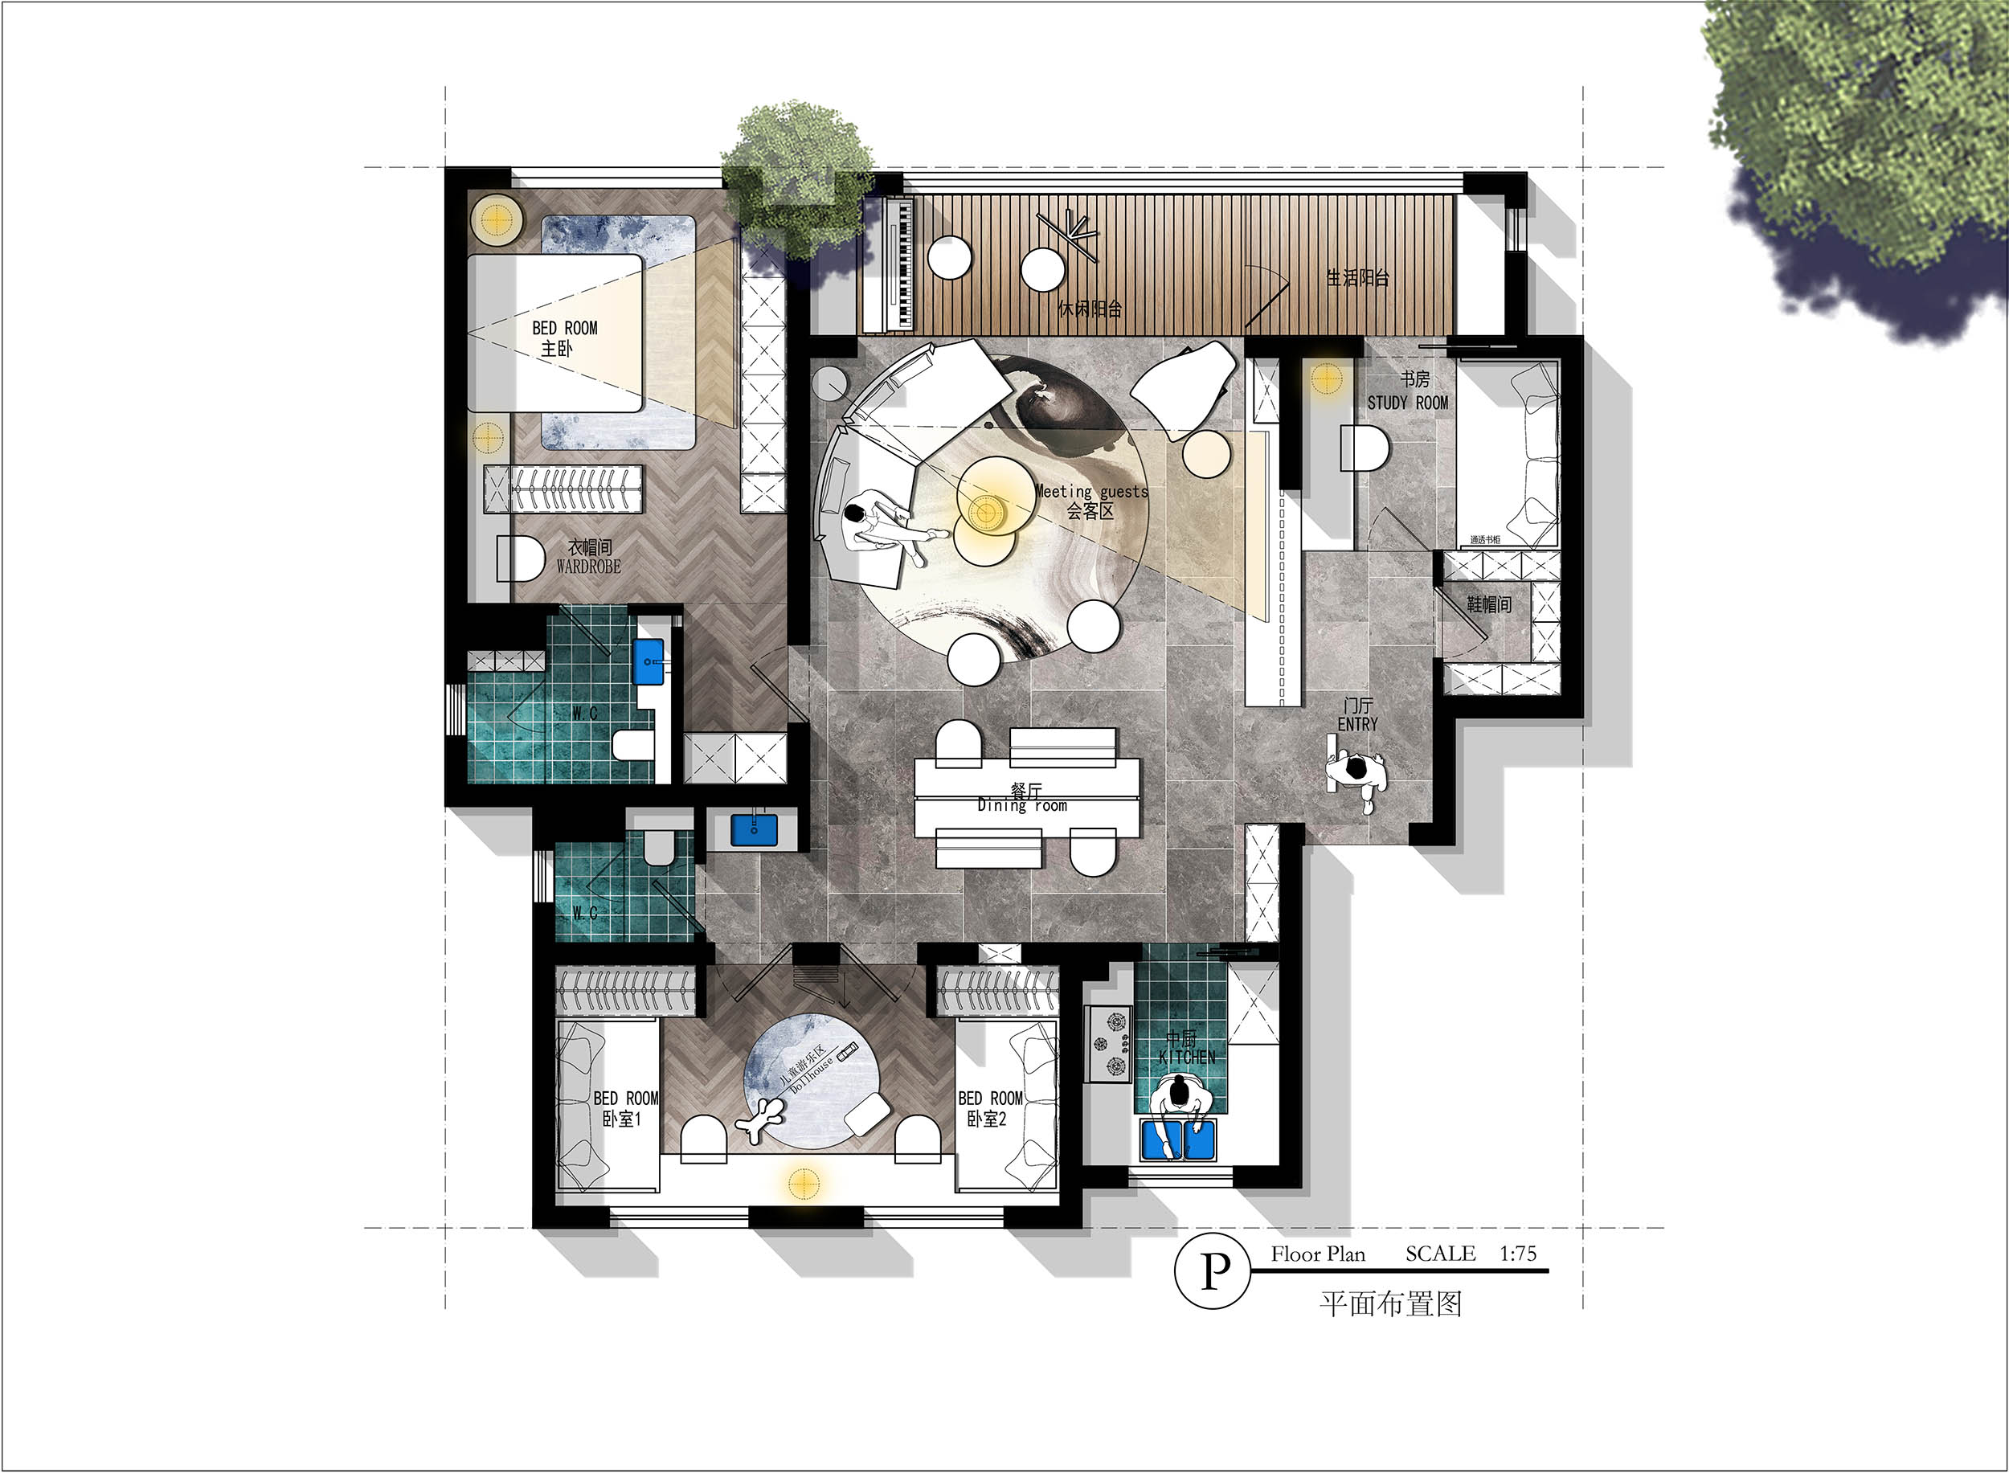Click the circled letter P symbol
pos(1212,1271)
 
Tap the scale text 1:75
pos(1518,1254)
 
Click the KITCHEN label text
pos(1186,1057)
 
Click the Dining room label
pos(1022,805)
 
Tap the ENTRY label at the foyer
pos(1357,724)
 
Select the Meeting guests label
pos(1091,491)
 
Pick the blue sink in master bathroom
pos(649,661)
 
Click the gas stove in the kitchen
pos(1108,1042)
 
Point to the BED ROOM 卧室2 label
pos(989,1107)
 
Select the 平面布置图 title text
pos(1390,1304)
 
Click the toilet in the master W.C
pos(634,744)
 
